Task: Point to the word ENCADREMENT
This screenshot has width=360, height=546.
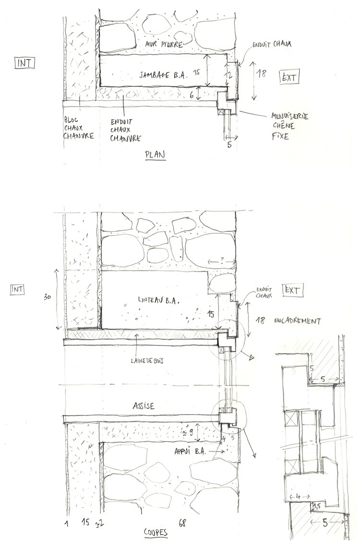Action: pyautogui.click(x=297, y=320)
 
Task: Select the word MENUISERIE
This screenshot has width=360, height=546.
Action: pyautogui.click(x=290, y=116)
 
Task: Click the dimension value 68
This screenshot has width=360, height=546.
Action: pyautogui.click(x=182, y=522)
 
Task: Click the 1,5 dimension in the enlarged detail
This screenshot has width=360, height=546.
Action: pyautogui.click(x=316, y=506)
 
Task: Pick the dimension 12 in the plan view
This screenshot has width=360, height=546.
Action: pyautogui.click(x=229, y=76)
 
